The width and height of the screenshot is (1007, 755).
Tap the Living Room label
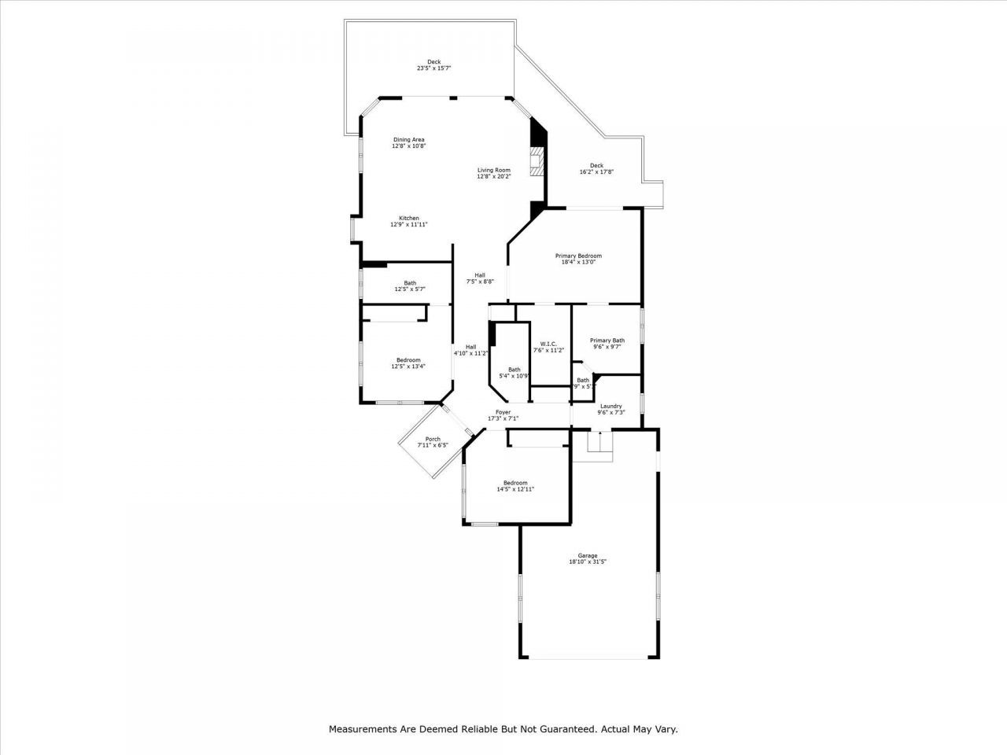[x=493, y=170]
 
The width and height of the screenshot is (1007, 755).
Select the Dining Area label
[x=408, y=140]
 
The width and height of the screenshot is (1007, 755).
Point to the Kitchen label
[x=408, y=218]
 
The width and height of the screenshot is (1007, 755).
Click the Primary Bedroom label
[x=578, y=256]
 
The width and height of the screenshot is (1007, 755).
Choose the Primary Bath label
[x=607, y=340]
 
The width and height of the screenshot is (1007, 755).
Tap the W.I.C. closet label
[x=548, y=344]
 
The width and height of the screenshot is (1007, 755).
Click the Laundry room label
[x=610, y=406]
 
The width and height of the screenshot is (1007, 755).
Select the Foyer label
[x=503, y=412]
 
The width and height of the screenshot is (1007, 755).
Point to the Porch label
[x=433, y=439]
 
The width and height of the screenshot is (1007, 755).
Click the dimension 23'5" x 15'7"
[x=433, y=68]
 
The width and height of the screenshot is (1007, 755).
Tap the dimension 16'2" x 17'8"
[x=596, y=171]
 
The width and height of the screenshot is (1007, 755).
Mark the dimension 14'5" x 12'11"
[x=515, y=489]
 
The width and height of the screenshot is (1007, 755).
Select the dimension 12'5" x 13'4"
[x=408, y=366]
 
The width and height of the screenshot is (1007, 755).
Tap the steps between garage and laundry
[x=599, y=442]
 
